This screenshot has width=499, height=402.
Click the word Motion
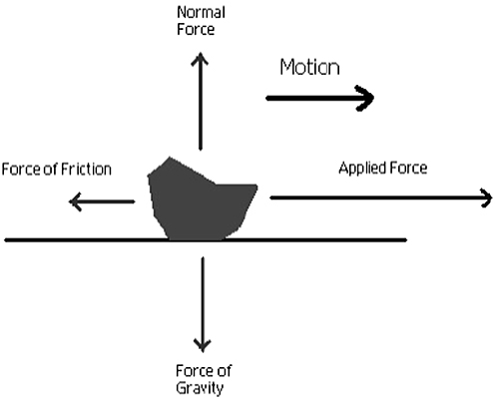pos(309,67)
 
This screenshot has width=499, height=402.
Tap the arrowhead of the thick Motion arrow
pos(365,98)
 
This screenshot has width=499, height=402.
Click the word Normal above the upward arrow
pos(201,13)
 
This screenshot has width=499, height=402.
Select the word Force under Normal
pos(196,29)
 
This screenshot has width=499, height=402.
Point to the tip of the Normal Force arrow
pos(200,52)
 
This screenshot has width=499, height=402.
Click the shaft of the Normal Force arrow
pos(200,102)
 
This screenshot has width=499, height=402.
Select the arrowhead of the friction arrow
pos(75,201)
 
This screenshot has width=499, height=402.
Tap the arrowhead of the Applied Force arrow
pos(486,198)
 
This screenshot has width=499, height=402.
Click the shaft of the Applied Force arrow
pos(381,198)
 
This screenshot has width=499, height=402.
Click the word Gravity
pos(200,388)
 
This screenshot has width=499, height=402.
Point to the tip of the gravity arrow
pos(203,352)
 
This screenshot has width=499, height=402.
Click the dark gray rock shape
pos(200,202)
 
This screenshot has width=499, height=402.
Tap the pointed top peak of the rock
pos(170,157)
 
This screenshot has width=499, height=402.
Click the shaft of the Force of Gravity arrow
pos(203,304)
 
